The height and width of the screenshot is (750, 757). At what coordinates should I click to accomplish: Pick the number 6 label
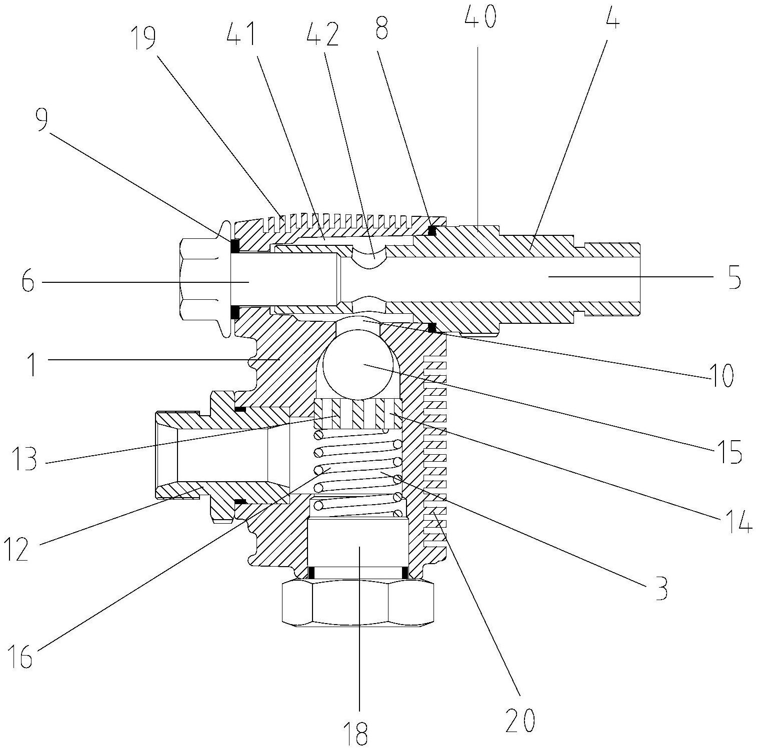click(x=27, y=282)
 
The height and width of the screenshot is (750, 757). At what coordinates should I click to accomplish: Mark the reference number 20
click(x=521, y=720)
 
